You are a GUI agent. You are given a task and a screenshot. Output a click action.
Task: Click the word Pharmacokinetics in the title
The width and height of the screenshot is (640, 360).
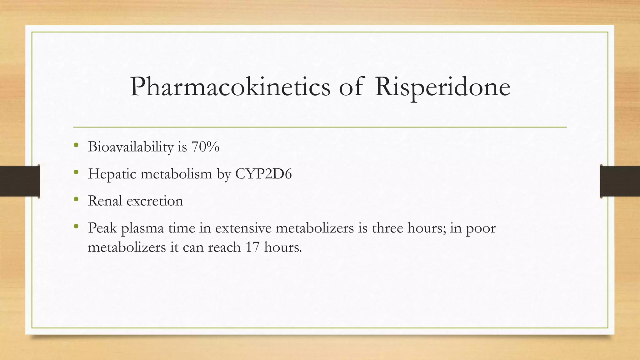[230, 87]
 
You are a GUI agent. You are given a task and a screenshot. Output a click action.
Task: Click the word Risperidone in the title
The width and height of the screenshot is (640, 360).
[442, 87]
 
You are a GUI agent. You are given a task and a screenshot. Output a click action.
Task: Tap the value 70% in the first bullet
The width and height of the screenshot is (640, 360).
[205, 147]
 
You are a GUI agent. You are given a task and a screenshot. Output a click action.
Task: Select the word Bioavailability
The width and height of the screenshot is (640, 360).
[131, 147]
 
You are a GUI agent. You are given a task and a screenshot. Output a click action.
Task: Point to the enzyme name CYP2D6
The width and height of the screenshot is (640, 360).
[263, 174]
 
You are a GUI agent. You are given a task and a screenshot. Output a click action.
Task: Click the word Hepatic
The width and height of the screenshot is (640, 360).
[112, 174]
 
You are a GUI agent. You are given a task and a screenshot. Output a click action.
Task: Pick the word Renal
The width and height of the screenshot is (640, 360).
[105, 201]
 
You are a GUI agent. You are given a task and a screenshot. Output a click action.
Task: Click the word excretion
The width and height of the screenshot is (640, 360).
[155, 201]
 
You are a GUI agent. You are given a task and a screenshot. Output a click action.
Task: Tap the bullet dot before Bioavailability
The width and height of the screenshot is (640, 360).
[76, 145]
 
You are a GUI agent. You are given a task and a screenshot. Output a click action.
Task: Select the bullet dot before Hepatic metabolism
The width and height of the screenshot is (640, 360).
[76, 172]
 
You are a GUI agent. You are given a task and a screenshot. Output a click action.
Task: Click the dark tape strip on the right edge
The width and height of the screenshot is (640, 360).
[620, 181]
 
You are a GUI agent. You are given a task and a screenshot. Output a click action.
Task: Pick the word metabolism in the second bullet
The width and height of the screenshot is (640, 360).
[176, 174]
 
